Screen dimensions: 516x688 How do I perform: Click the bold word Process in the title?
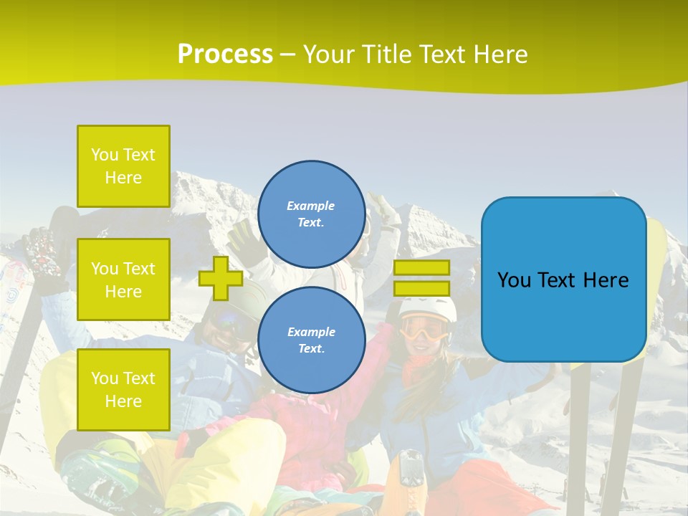[x=225, y=54]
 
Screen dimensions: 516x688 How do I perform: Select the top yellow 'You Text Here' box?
[x=123, y=166]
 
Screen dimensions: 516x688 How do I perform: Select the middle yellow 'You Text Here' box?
[x=123, y=279]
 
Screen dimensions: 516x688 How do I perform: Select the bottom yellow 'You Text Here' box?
[x=123, y=389]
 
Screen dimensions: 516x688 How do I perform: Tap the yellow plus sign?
[x=221, y=278]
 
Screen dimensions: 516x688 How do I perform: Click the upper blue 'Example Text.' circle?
[x=311, y=214]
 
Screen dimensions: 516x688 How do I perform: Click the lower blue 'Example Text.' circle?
[x=311, y=340]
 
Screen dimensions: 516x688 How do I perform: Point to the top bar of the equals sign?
[x=421, y=268]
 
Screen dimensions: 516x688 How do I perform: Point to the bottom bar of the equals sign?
[x=421, y=288]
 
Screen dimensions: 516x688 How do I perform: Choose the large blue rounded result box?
[x=563, y=279]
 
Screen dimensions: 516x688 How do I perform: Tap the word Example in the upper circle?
[x=311, y=206]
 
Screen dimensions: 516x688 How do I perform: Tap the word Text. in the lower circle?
[x=311, y=349]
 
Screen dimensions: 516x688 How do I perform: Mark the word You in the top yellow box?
[x=105, y=155]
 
